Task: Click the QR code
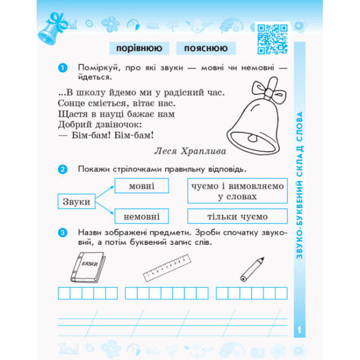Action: click(x=272, y=39)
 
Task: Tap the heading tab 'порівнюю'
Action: click(x=139, y=48)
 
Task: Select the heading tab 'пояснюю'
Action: click(x=206, y=48)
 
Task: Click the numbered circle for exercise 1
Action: click(x=62, y=68)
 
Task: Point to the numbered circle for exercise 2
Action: click(x=62, y=169)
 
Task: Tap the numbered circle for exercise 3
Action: click(x=62, y=233)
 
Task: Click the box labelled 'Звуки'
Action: click(x=76, y=202)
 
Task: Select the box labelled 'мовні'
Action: click(x=142, y=185)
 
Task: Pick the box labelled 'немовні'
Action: click(x=142, y=216)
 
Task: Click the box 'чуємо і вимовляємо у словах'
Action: click(x=238, y=191)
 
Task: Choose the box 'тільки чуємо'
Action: click(x=238, y=216)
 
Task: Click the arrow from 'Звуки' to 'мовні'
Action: click(x=104, y=192)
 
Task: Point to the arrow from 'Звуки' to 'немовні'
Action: click(x=104, y=208)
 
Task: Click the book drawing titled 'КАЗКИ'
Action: click(x=88, y=267)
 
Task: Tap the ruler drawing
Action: click(x=167, y=268)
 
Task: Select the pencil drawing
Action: click(x=252, y=269)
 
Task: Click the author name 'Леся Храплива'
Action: click(x=190, y=151)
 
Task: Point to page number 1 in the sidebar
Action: click(x=299, y=330)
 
